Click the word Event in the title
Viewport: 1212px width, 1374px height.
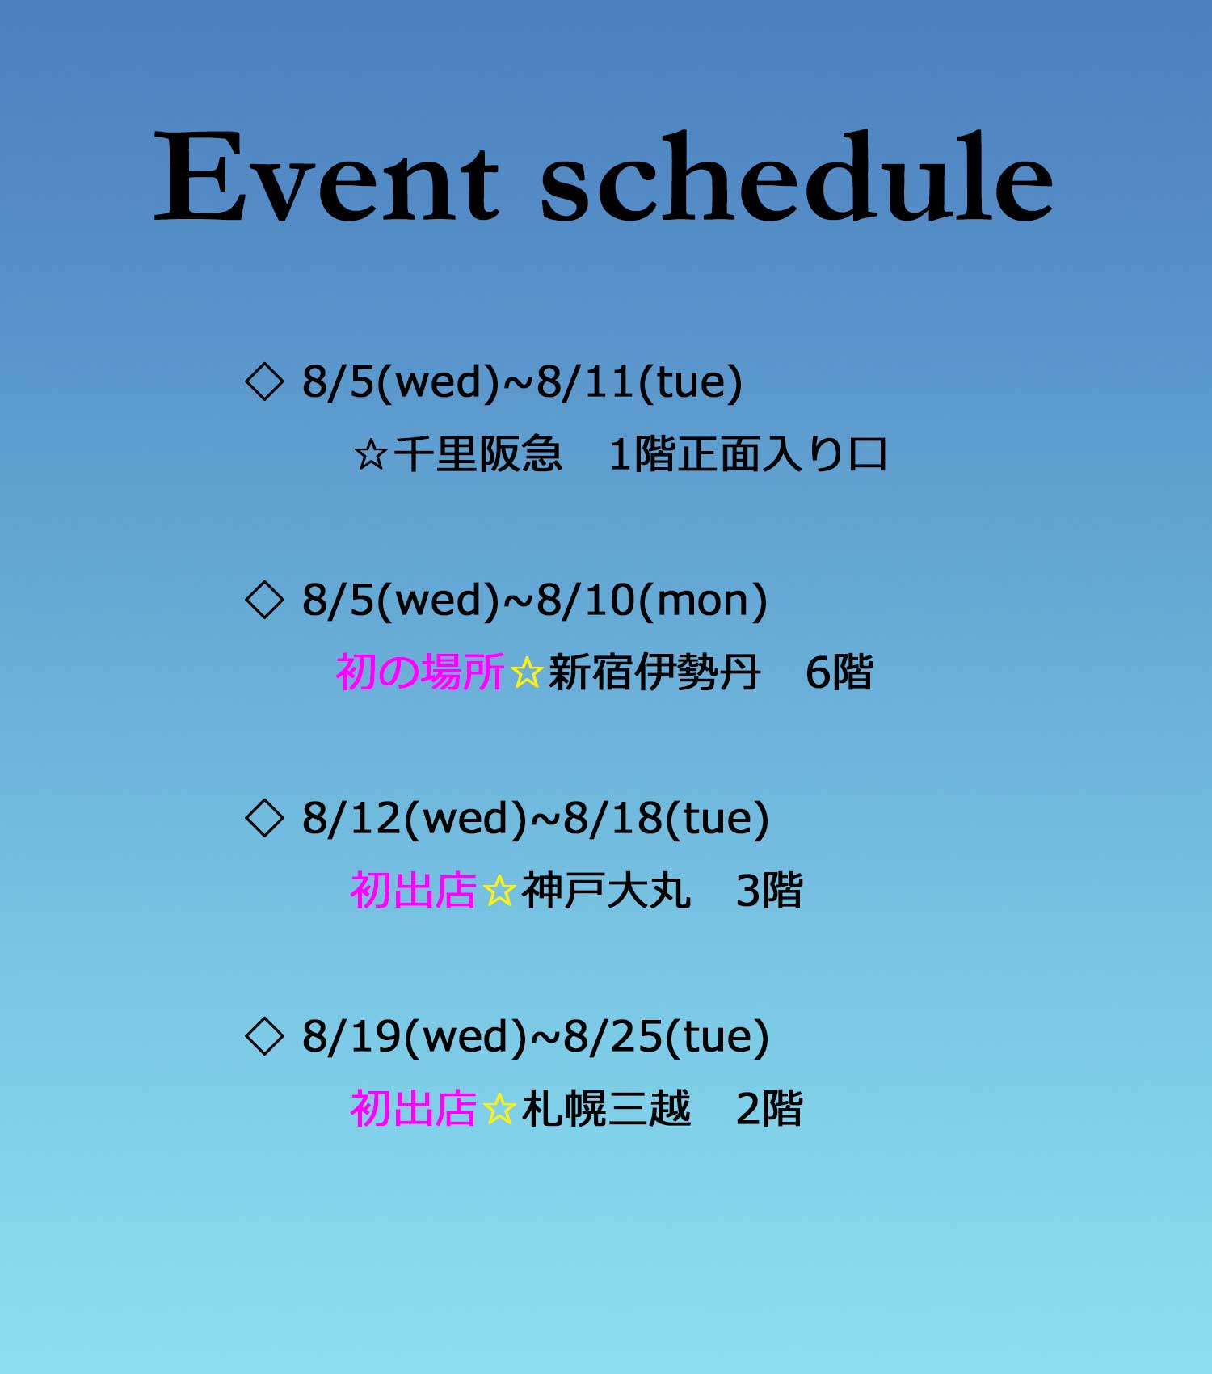tap(326, 175)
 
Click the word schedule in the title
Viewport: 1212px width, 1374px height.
tap(797, 175)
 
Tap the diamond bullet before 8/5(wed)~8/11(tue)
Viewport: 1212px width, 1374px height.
tap(264, 381)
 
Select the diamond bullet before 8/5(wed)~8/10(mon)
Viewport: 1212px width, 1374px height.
tap(264, 600)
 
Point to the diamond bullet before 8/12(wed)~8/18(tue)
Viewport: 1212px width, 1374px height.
tap(264, 818)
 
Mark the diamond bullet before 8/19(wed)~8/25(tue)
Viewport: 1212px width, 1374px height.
tap(264, 1036)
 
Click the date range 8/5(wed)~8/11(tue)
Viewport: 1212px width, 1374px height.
tap(522, 382)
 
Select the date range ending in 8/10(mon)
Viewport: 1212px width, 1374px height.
tap(534, 601)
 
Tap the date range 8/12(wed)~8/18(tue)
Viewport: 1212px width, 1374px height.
tap(535, 819)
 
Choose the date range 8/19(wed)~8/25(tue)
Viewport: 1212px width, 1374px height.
tap(535, 1037)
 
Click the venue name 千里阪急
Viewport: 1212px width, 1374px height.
tap(478, 453)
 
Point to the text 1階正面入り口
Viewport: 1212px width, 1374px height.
tap(748, 453)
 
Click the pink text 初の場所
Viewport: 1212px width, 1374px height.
tap(420, 672)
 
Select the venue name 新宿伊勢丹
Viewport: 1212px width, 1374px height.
tap(654, 672)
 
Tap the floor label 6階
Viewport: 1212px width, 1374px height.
tap(840, 672)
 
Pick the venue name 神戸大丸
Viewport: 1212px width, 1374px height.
tap(606, 890)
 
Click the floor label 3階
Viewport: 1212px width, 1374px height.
tap(769, 890)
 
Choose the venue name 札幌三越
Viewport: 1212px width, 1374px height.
tap(606, 1108)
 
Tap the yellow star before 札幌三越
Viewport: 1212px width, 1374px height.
tap(499, 1109)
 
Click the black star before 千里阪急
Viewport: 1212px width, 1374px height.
tap(371, 454)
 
